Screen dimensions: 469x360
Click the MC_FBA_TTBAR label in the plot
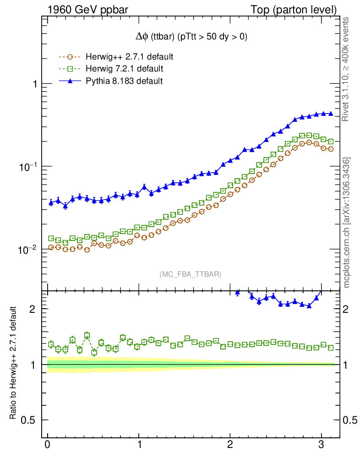click(x=191, y=274)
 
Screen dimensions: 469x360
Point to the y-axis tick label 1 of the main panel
click(x=33, y=84)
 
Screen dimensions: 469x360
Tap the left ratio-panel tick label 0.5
click(x=29, y=420)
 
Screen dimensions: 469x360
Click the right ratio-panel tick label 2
click(x=350, y=309)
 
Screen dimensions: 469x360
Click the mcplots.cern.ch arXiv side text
click(x=347, y=223)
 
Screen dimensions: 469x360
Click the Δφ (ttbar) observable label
click(x=189, y=37)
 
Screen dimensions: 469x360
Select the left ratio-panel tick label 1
click(x=33, y=365)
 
